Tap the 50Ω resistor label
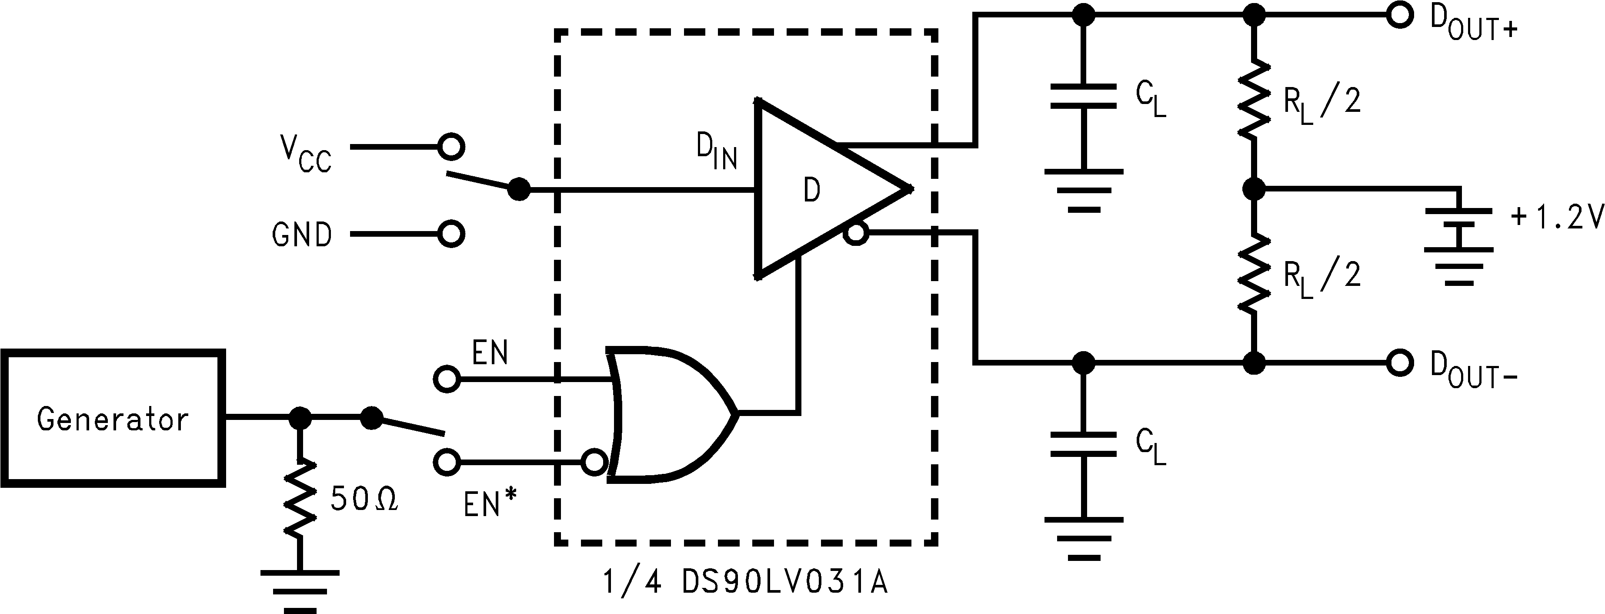pos(364,499)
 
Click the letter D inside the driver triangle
pos(811,190)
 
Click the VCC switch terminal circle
pos(451,147)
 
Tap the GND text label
pos(301,235)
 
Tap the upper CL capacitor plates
pos(1084,96)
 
